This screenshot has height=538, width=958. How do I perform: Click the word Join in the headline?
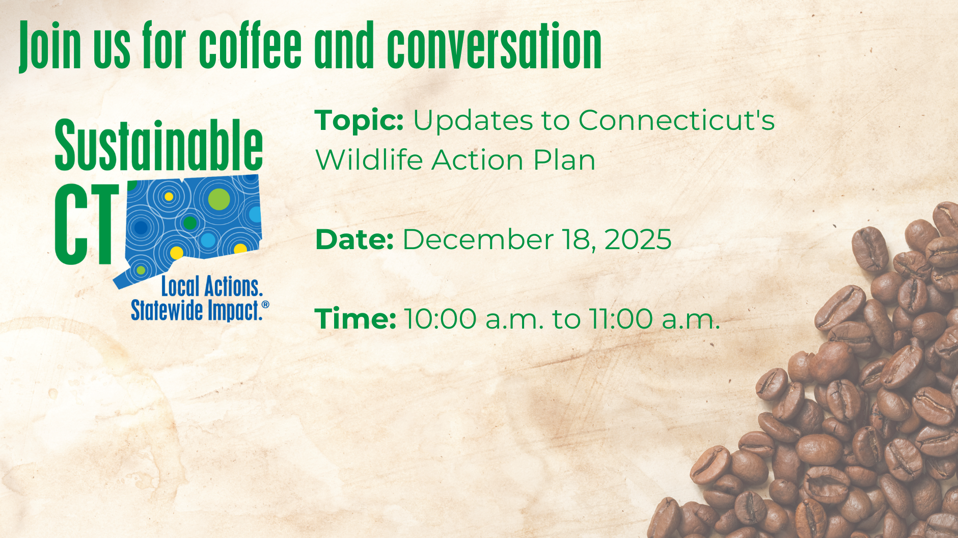click(x=50, y=46)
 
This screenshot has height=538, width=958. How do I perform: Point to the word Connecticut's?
click(x=676, y=121)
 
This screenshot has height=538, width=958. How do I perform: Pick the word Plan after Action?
click(x=564, y=160)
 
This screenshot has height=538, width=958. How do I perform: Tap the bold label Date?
click(x=354, y=239)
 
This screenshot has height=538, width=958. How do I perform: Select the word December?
click(x=478, y=239)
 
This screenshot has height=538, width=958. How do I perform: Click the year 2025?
click(x=638, y=239)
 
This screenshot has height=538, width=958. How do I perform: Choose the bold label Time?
click(x=355, y=319)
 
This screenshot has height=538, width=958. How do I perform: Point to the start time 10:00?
click(x=441, y=319)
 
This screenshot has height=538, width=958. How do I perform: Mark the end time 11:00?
click(x=621, y=319)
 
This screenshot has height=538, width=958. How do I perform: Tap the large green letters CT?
click(x=87, y=225)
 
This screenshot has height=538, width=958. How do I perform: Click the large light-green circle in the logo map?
click(x=219, y=199)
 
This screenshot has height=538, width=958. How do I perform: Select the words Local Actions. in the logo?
click(x=212, y=286)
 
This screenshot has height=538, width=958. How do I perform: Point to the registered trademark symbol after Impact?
click(x=265, y=305)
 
